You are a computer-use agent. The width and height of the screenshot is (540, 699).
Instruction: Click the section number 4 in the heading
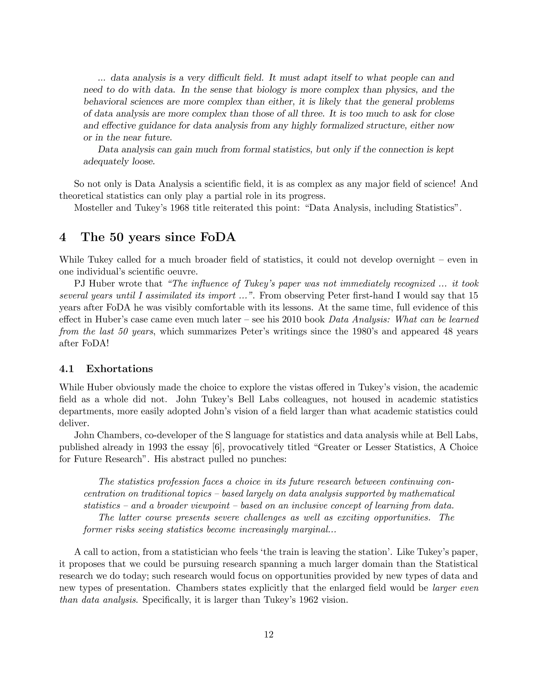(63, 237)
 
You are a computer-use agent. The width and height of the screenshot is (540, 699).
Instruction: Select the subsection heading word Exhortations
(119, 369)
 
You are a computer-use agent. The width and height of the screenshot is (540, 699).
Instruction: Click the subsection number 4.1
(66, 369)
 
